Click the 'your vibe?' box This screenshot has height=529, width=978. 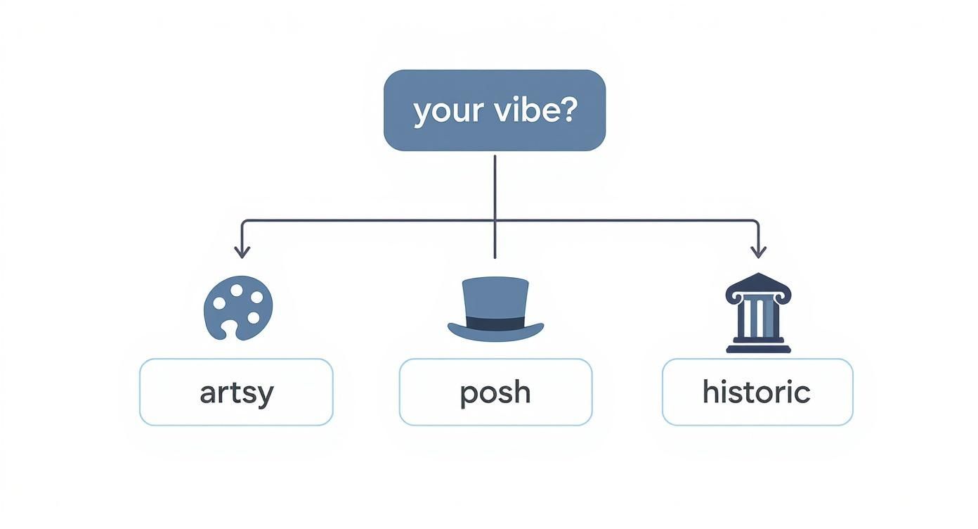coord(494,110)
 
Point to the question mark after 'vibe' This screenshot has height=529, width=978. coord(567,110)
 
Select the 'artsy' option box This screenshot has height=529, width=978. coord(236,392)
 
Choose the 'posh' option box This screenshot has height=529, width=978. coord(495,392)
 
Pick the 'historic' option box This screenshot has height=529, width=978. coord(757,392)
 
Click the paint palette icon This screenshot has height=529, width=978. coord(237,307)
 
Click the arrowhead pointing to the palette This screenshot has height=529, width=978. coord(242,252)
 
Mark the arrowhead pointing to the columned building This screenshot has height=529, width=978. coord(758,252)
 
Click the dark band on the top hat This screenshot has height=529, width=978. coord(495,324)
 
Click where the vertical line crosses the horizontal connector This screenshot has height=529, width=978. coord(495,221)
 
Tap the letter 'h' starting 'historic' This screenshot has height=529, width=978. coord(710,391)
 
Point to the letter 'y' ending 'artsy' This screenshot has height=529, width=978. coord(265,395)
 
